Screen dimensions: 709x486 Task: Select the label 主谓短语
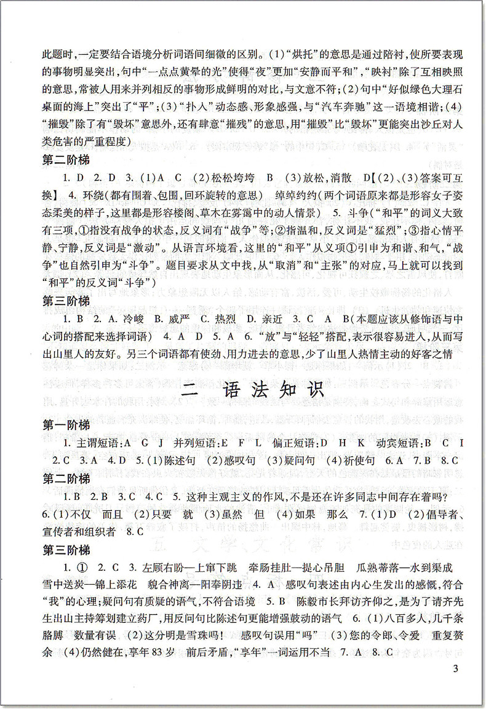tap(98, 443)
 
